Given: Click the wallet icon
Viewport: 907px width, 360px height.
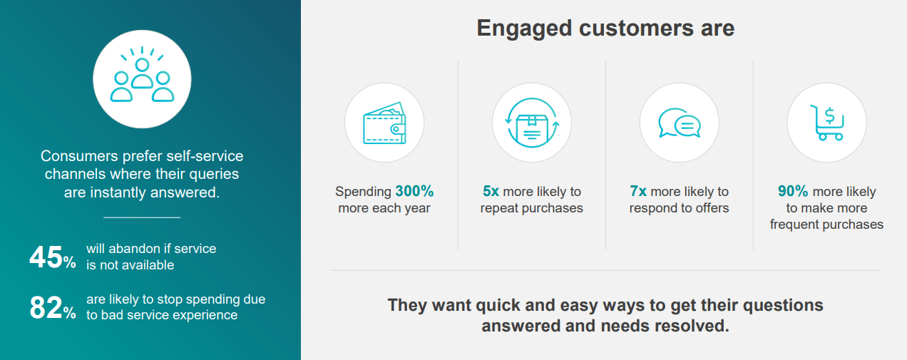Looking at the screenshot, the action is [384, 123].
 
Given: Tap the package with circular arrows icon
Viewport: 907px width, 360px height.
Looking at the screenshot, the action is [532, 123].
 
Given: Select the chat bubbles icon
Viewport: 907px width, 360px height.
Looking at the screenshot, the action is [679, 123].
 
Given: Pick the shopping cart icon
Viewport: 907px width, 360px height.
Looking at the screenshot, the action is [827, 123].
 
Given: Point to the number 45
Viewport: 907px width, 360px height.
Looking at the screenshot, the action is [46, 257].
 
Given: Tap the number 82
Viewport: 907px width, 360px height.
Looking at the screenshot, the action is [46, 307].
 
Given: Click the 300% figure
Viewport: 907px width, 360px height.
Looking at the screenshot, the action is [414, 191].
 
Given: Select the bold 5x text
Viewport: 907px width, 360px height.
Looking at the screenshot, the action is [491, 191].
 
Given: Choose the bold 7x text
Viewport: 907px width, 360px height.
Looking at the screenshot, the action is [638, 191].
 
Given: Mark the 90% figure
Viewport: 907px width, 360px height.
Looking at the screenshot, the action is [793, 191].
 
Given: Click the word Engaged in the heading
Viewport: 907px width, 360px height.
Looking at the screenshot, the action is [524, 29].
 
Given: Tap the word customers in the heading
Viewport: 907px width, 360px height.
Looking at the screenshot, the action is [636, 29].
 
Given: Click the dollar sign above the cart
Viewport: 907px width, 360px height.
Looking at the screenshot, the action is [830, 115].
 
